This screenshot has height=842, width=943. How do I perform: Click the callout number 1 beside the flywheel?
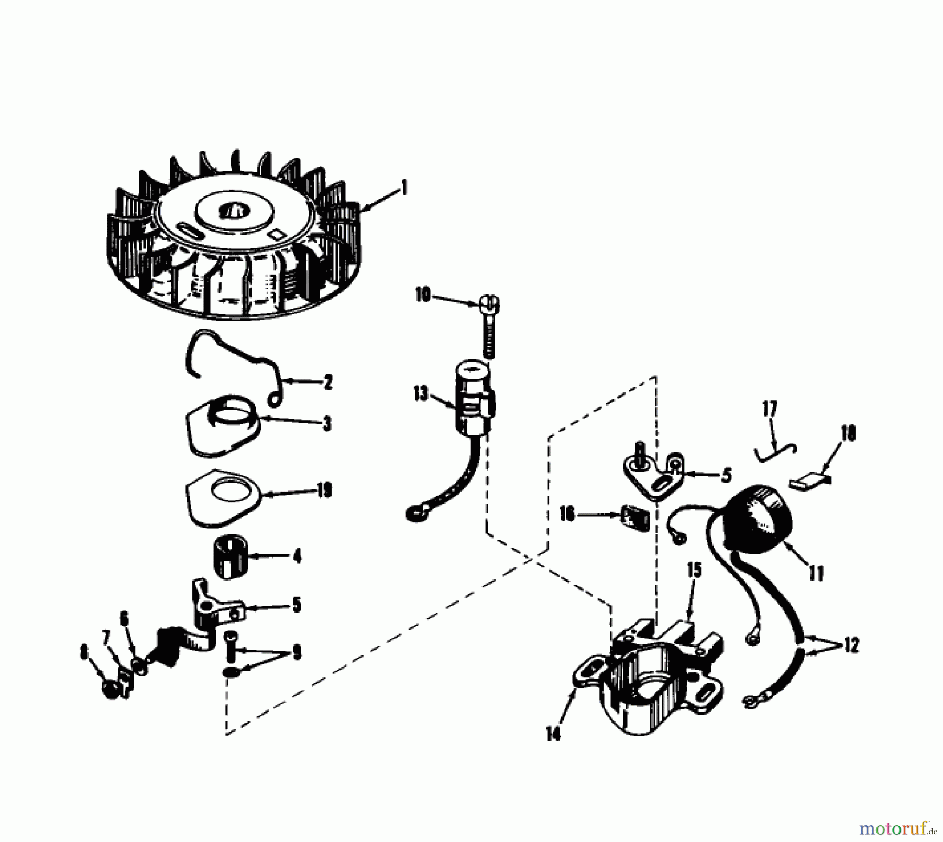pyautogui.click(x=403, y=188)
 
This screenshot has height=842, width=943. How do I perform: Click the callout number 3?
pyautogui.click(x=327, y=423)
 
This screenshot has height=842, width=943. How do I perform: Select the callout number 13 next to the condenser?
pyautogui.click(x=421, y=394)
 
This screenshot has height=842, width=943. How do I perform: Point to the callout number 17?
pyautogui.click(x=770, y=409)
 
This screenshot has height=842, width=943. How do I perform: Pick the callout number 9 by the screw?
pyautogui.click(x=297, y=654)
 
